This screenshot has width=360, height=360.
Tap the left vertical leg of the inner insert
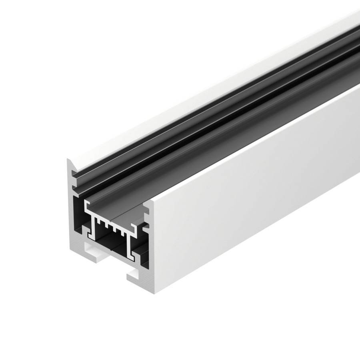coord(94,230)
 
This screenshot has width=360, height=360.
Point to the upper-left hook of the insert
coord(87,206)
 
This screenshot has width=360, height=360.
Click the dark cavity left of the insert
coord(80,216)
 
